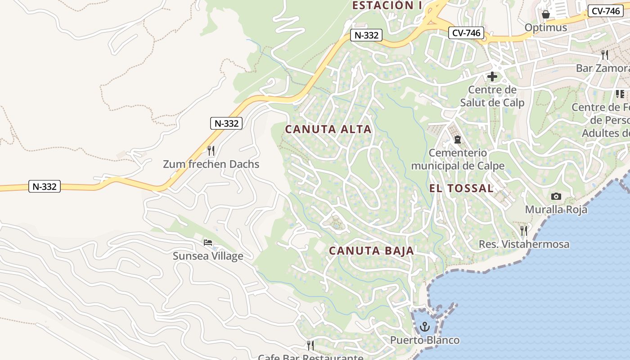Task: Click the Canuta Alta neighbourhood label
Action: point(328,129)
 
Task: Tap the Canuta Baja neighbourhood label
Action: point(371,251)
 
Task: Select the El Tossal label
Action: point(461,188)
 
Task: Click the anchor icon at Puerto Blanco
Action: point(425,326)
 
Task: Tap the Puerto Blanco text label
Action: point(425,340)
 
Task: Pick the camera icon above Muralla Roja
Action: point(556,196)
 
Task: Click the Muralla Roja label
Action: point(556,209)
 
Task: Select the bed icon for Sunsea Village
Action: point(208,243)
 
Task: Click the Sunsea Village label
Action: point(208,256)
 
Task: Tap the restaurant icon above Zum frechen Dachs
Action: point(211,150)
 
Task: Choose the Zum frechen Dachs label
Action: point(211,164)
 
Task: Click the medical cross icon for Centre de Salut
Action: point(492,76)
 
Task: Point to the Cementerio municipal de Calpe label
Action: point(458,159)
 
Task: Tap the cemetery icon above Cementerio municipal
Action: point(458,139)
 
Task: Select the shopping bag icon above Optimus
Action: point(546,14)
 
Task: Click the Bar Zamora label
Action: point(602,68)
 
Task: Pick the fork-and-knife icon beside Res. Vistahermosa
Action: point(524,230)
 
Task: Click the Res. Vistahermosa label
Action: point(524,244)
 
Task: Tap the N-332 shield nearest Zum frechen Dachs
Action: point(226,123)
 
